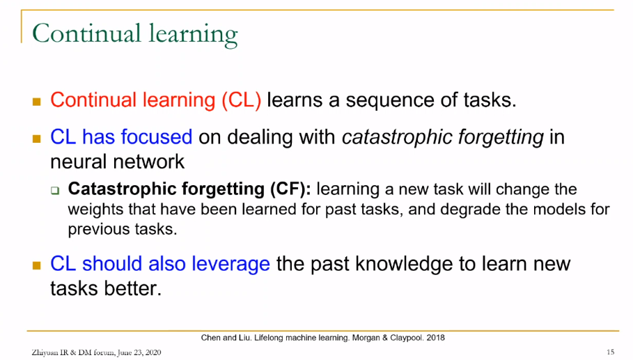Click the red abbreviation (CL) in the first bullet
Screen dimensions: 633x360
pos(242,100)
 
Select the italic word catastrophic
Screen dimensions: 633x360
pos(391,137)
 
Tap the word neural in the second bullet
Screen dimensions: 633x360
pos(79,162)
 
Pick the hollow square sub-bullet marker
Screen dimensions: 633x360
pos(55,190)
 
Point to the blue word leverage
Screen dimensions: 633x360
pos(231,265)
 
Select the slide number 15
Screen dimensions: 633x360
pos(611,352)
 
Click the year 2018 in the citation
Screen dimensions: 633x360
pos(436,338)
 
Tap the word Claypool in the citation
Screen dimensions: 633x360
pos(407,338)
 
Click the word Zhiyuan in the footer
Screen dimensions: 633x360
pos(45,353)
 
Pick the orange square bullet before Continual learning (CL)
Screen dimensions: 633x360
pos(37,101)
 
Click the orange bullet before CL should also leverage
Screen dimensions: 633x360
pos(37,265)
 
